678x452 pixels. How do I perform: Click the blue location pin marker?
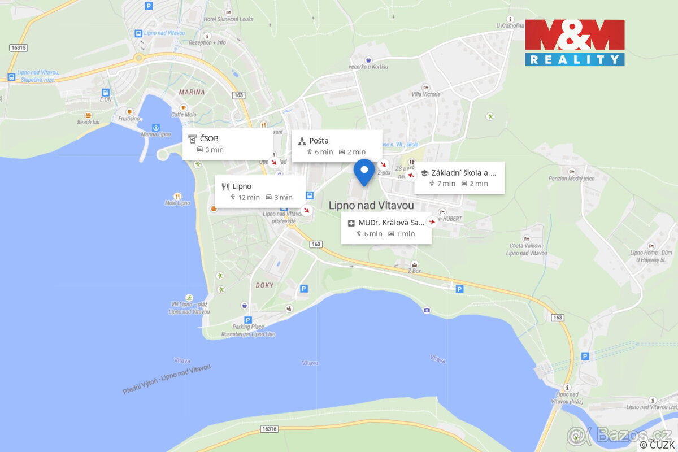pos(364,171)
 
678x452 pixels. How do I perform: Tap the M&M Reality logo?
pos(575,43)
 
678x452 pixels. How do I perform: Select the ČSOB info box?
pos(227,144)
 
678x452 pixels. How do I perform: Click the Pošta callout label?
pos(337,146)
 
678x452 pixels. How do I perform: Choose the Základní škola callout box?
pos(459,178)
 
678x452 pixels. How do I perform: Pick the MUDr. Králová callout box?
pos(386,228)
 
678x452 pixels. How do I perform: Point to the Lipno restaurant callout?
pos(260,192)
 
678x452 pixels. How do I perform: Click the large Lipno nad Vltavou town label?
pos(371,206)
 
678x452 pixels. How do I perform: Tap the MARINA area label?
pos(192,92)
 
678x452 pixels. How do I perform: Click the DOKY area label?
pos(264,285)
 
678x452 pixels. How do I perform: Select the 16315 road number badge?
pos(18,48)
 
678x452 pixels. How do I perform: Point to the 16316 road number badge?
pos(269,429)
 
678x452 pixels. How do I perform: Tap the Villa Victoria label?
pos(425,94)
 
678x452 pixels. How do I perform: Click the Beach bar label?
pos(88,122)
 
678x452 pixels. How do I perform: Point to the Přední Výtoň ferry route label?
pos(167,379)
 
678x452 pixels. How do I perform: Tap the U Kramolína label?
pos(510,26)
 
